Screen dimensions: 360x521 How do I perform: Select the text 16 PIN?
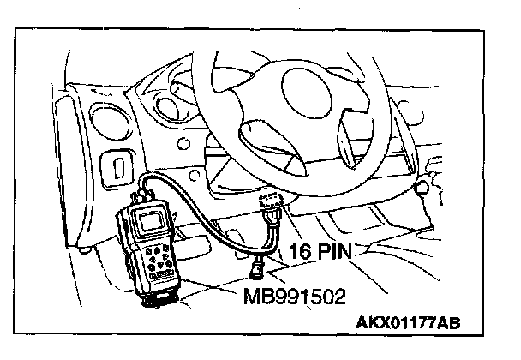(322, 254)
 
